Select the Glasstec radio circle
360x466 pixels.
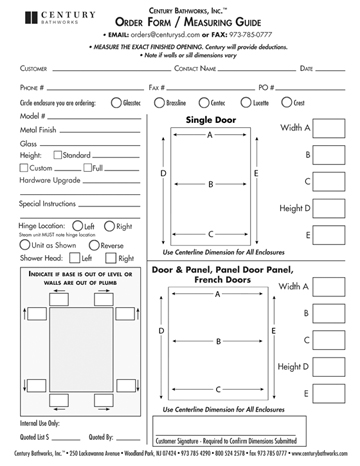point(114,103)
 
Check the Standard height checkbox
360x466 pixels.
point(59,156)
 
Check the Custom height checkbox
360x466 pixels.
point(25,168)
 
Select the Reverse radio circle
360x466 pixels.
point(93,245)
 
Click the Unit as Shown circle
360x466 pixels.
point(25,245)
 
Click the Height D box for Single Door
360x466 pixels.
point(329,208)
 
